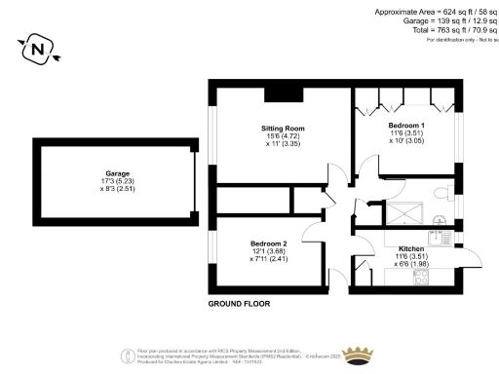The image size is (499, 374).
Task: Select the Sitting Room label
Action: point(280,128)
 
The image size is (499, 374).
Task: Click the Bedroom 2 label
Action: point(268,243)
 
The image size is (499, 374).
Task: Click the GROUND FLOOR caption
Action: point(239,304)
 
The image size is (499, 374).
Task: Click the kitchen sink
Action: point(448,234)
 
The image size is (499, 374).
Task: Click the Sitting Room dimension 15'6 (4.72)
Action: point(280,136)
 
